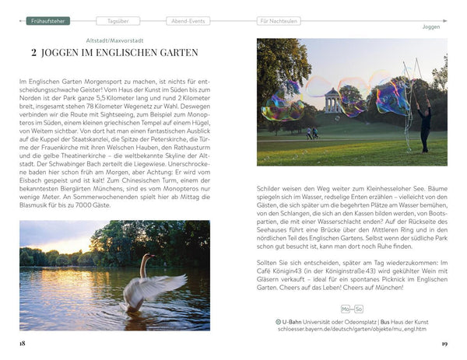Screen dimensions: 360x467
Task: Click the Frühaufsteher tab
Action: pyautogui.click(x=48, y=21)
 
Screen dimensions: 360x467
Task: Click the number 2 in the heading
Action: pyautogui.click(x=34, y=53)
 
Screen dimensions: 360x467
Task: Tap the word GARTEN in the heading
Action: pyautogui.click(x=176, y=53)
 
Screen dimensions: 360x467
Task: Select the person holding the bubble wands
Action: pyautogui.click(x=424, y=124)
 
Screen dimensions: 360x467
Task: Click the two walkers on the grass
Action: pyautogui.click(x=313, y=133)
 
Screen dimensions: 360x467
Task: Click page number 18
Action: pyautogui.click(x=23, y=342)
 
